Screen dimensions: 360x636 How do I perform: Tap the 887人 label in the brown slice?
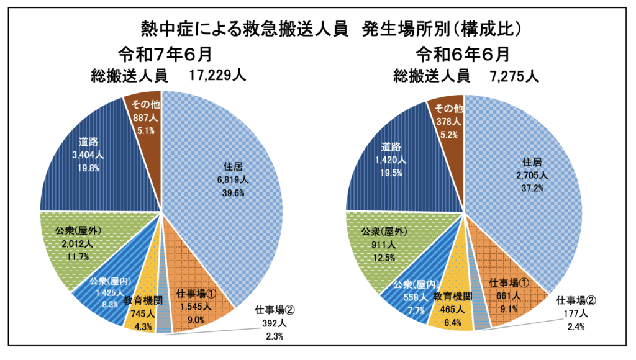[142, 117]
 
